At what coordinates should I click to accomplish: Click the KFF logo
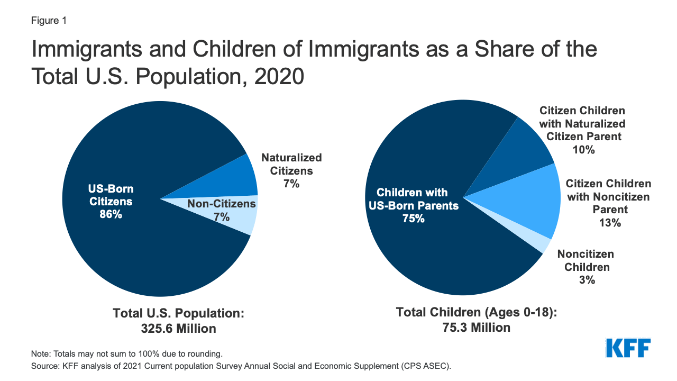pyautogui.click(x=628, y=348)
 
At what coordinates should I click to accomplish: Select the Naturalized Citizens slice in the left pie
pyautogui.click(x=238, y=177)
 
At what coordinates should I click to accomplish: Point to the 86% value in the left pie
pyautogui.click(x=110, y=215)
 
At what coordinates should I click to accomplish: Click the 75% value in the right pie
pyautogui.click(x=413, y=218)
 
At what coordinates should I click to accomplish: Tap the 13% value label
pyautogui.click(x=609, y=223)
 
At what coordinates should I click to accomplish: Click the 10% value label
pyautogui.click(x=583, y=150)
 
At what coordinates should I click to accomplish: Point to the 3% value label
pyautogui.click(x=587, y=280)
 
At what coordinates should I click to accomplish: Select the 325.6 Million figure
pyautogui.click(x=178, y=329)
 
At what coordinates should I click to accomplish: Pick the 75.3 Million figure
pyautogui.click(x=476, y=328)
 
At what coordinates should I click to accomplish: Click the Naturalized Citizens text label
pyautogui.click(x=291, y=164)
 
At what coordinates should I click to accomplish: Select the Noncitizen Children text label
pyautogui.click(x=586, y=260)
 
